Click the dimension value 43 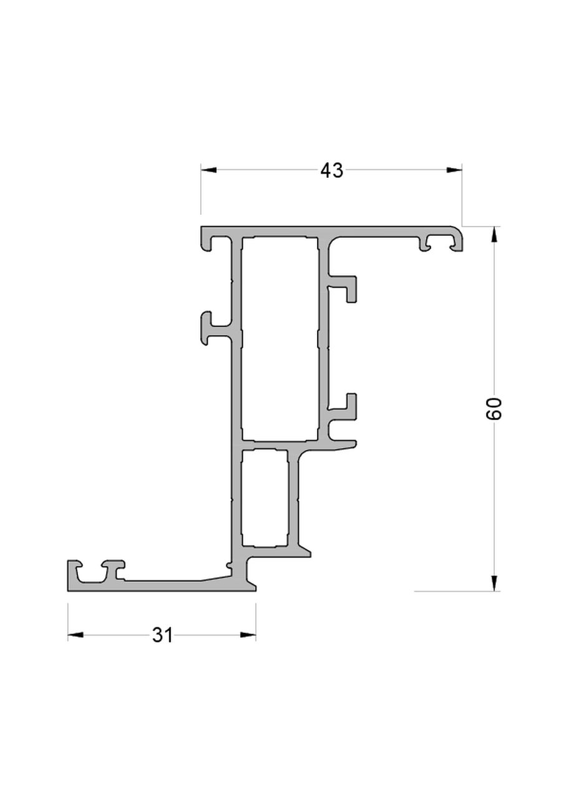331,170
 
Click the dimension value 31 162,635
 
